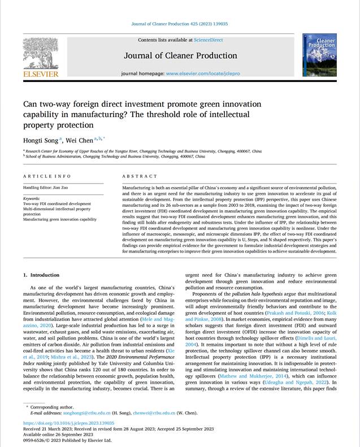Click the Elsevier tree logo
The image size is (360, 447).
pos(40,54)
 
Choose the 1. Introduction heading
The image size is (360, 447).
pos(41,275)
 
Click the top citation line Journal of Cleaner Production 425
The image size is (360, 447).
pos(179,24)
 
